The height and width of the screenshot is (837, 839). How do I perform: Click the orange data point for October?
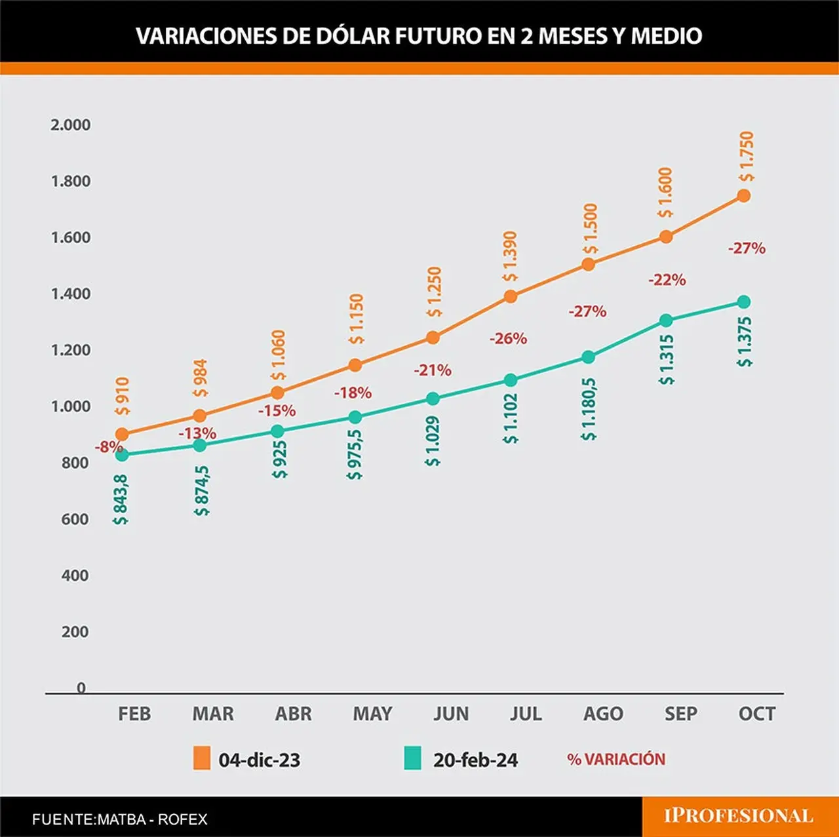744,195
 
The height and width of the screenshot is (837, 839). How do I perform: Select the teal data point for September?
666,321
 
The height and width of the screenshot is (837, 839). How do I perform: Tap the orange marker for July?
510,296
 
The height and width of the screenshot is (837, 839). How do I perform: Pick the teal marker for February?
123,455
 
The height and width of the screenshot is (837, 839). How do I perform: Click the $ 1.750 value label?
747,157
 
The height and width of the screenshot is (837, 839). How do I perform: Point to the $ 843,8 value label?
121,499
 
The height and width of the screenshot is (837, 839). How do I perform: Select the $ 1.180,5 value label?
589,409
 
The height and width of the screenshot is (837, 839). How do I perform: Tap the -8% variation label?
109,447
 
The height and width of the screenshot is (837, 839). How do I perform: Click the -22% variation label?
667,280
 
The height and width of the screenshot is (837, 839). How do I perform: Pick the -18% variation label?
353,393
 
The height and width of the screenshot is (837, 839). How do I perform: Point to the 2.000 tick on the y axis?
71,125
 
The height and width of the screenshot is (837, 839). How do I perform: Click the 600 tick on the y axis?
75,519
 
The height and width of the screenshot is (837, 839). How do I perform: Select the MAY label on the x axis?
372,713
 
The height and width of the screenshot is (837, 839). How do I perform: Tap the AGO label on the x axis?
603,713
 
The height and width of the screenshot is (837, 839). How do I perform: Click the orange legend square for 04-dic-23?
202,760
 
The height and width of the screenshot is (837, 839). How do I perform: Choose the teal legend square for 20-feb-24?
412,760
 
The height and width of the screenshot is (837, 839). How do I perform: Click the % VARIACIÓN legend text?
616,759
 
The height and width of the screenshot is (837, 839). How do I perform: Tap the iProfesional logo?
739,815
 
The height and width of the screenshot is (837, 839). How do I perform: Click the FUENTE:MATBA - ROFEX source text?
120,819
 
